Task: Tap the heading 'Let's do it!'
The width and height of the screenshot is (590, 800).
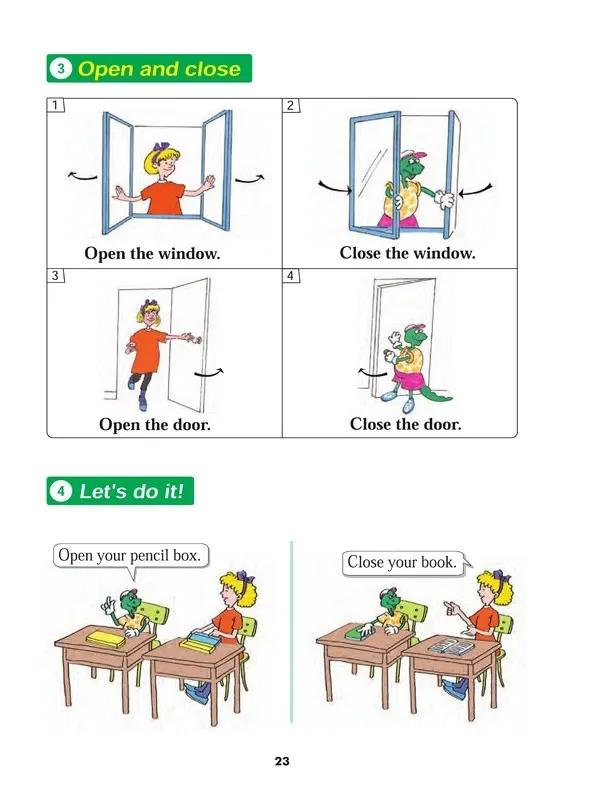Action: pyautogui.click(x=136, y=491)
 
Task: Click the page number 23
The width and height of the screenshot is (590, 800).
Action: pyautogui.click(x=282, y=761)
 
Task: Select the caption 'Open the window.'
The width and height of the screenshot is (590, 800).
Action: pyautogui.click(x=152, y=253)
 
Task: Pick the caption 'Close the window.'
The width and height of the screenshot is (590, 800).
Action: pyautogui.click(x=407, y=253)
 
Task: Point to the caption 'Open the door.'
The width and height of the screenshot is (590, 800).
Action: pyautogui.click(x=155, y=424)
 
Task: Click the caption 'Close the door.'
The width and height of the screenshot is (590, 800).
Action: pyautogui.click(x=405, y=424)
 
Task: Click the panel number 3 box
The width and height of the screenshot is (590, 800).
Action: pyautogui.click(x=56, y=276)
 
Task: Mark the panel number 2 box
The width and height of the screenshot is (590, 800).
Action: pyautogui.click(x=291, y=105)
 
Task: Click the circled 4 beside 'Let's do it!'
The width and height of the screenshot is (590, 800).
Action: pyautogui.click(x=61, y=492)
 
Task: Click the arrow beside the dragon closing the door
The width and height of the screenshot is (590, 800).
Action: pyautogui.click(x=372, y=375)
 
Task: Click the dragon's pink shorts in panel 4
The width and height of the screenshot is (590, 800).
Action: pyautogui.click(x=409, y=376)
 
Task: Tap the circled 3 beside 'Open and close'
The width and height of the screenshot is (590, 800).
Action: pyautogui.click(x=61, y=69)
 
